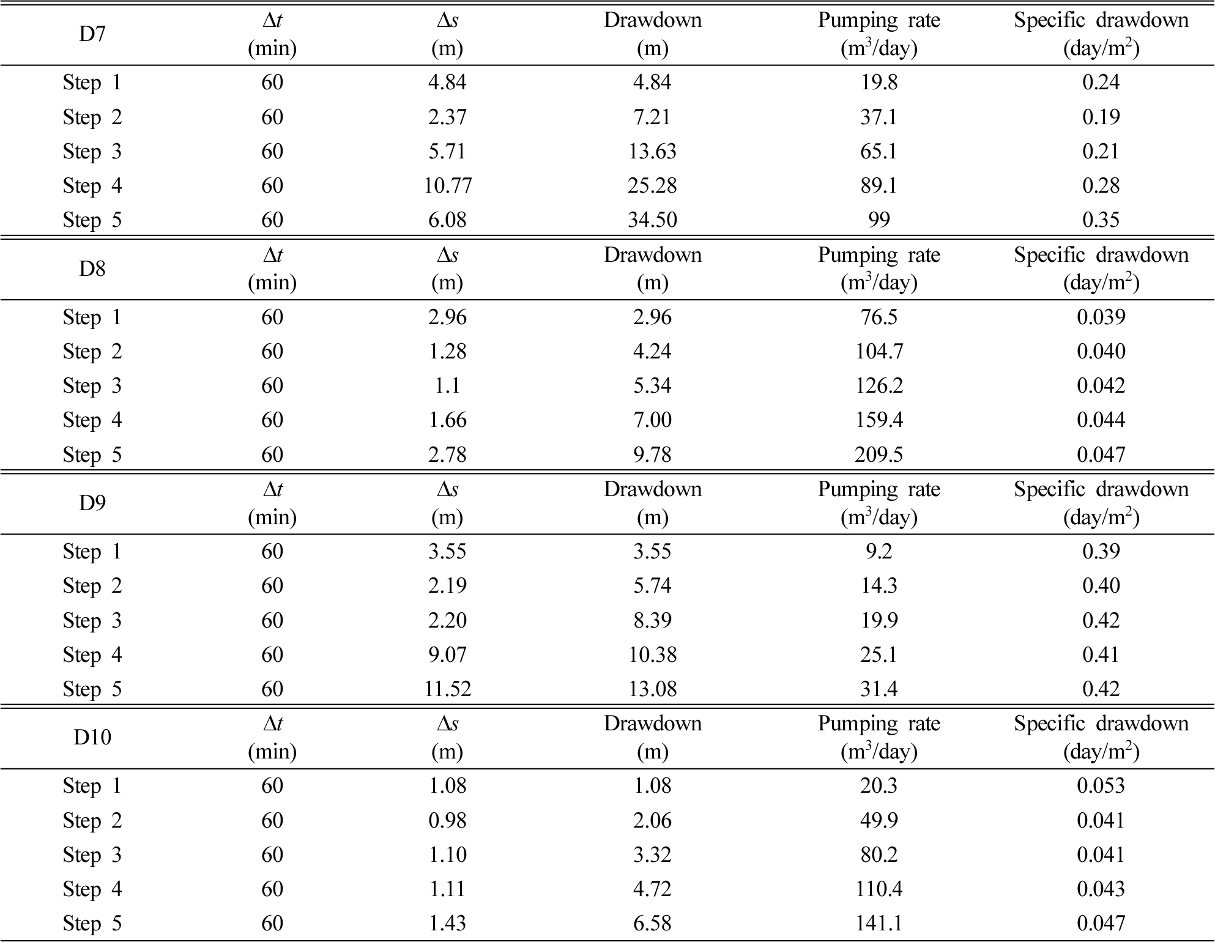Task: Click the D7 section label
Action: pos(92,34)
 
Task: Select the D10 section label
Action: pos(92,738)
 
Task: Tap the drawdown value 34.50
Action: pos(652,220)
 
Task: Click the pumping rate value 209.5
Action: pos(879,454)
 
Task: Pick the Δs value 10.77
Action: pos(447,185)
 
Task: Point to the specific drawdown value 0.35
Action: pos(1101,220)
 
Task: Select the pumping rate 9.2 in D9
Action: pos(879,551)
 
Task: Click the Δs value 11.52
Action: pos(447,689)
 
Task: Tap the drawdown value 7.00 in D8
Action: pos(652,420)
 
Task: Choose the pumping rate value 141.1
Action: pos(879,923)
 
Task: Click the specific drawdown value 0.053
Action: pos(1101,785)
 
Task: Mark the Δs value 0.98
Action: pos(447,820)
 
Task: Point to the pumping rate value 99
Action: pos(879,220)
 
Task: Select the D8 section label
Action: pos(92,269)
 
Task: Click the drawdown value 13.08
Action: pos(652,689)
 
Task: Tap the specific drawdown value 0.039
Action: pos(1101,317)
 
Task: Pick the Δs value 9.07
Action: pos(447,655)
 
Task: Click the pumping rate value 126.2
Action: pos(879,385)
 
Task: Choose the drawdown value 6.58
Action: pos(652,923)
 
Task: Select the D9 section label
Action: pos(92,503)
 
